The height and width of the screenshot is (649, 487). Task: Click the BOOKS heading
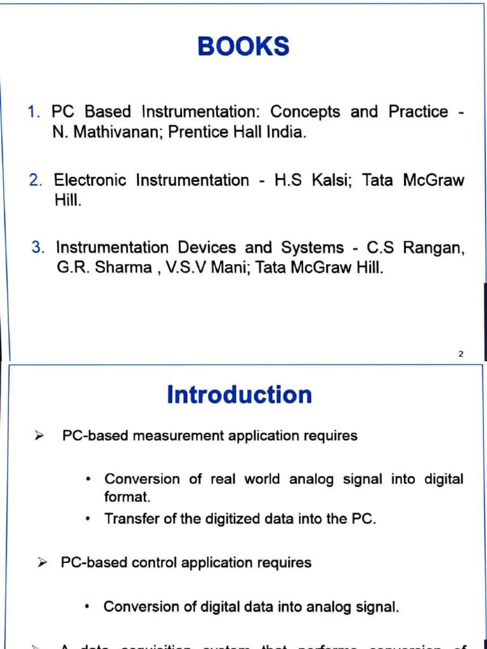(243, 47)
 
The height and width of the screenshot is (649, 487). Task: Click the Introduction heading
(239, 394)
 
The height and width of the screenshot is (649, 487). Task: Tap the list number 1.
(34, 112)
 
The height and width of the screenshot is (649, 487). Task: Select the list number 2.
(36, 181)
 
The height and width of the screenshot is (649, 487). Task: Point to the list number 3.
(38, 247)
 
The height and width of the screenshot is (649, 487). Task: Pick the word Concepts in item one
(305, 112)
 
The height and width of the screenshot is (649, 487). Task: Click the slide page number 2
(460, 354)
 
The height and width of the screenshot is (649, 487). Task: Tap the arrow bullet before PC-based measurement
(39, 436)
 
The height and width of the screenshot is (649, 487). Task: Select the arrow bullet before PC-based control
(42, 563)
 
